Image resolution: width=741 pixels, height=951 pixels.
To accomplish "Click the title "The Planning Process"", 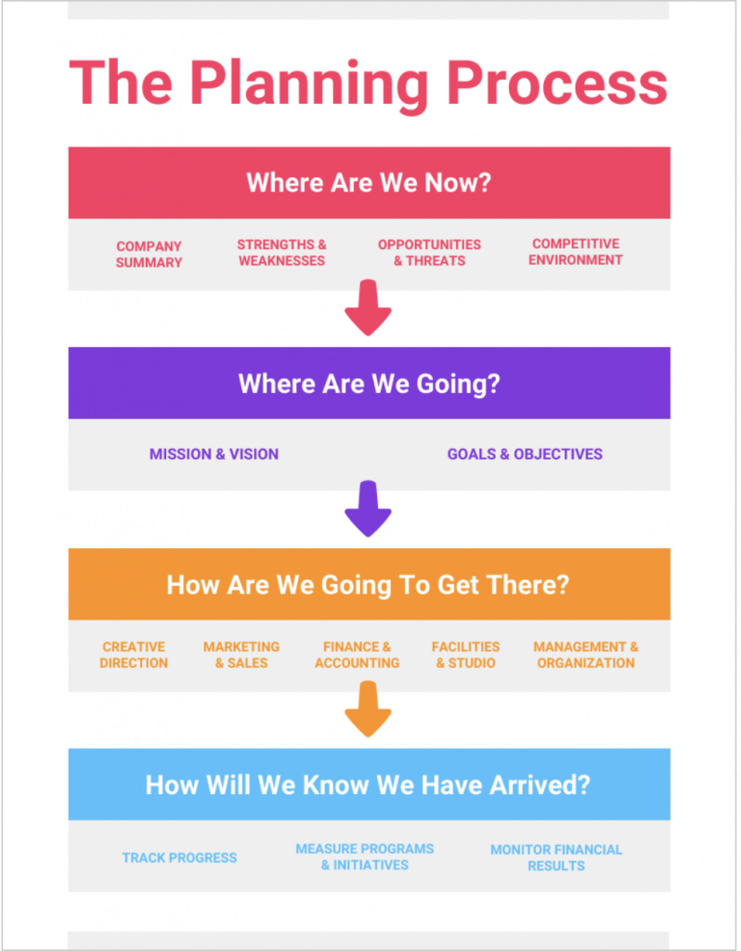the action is click(x=369, y=82).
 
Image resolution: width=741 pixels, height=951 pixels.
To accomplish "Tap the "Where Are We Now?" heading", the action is click(x=369, y=182).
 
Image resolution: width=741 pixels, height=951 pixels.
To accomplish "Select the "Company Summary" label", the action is click(x=149, y=254).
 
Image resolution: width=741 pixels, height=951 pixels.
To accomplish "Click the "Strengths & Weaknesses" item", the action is click(x=281, y=253).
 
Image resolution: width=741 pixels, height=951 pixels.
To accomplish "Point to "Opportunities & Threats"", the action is click(x=429, y=253).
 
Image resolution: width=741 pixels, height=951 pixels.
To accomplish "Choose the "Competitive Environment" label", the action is click(x=576, y=252).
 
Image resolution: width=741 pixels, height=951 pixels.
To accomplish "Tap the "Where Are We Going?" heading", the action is click(x=369, y=384).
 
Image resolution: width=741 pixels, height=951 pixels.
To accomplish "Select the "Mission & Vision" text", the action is click(x=214, y=454).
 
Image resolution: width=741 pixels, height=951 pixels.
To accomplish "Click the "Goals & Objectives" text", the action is click(x=525, y=454).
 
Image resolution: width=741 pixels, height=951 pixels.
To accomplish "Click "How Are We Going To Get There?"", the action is click(x=368, y=585).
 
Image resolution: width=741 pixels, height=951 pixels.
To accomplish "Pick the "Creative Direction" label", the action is click(x=134, y=655).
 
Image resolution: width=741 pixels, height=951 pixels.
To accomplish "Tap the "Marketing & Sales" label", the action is click(x=241, y=655).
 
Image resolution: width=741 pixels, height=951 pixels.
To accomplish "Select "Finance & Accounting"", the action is click(x=357, y=655).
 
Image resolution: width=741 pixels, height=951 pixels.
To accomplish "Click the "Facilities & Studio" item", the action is click(x=465, y=655).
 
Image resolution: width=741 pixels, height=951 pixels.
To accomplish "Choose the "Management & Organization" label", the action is click(x=586, y=655).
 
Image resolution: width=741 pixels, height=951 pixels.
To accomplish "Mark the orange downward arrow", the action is click(x=368, y=710).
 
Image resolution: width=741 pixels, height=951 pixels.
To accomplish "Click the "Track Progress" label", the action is click(x=179, y=857).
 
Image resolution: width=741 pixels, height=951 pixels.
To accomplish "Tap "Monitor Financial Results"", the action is click(x=556, y=857).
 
